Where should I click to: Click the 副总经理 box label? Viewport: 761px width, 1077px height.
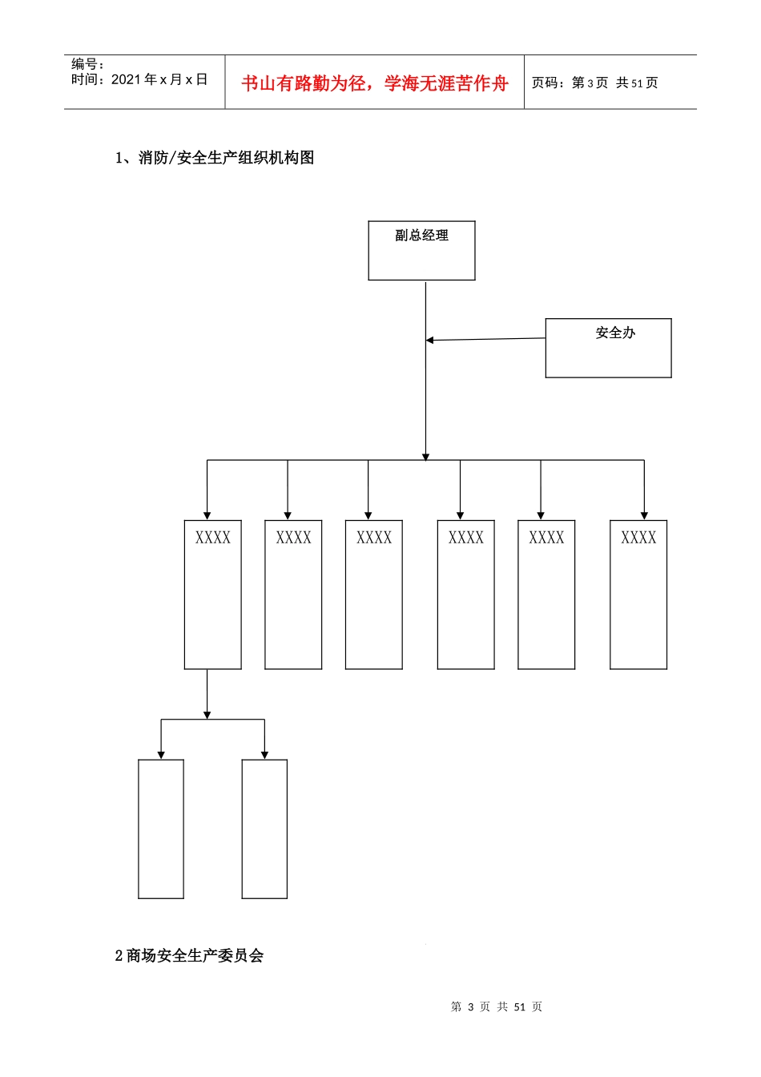[x=421, y=235]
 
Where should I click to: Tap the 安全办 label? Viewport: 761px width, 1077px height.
[x=615, y=333]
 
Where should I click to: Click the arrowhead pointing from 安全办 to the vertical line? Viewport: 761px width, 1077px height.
[x=430, y=340]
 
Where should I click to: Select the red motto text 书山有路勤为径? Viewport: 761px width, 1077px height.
[x=304, y=83]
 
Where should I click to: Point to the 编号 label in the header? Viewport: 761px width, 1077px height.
[x=84, y=63]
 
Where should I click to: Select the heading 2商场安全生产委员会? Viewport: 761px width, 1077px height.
[x=189, y=955]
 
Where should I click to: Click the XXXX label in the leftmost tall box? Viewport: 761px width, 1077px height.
[x=213, y=537]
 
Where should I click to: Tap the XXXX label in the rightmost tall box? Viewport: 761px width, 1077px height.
[x=638, y=537]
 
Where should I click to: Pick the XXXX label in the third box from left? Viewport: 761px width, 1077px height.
[x=374, y=537]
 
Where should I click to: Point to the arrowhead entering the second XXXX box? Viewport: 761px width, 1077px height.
[x=288, y=516]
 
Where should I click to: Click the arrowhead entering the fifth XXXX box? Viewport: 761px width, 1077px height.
[x=541, y=516]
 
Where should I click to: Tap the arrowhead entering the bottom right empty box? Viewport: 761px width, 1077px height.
[x=264, y=756]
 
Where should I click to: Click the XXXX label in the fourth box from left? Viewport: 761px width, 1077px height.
[x=466, y=537]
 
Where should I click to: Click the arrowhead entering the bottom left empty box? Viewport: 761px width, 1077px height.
[x=161, y=756]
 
